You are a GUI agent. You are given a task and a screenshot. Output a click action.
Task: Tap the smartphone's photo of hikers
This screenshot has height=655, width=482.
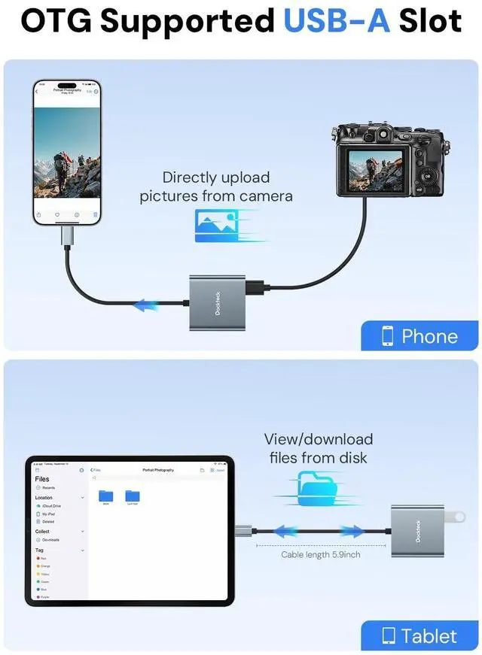(x=67, y=154)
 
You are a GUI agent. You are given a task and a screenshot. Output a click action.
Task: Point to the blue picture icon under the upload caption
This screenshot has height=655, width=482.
(x=218, y=225)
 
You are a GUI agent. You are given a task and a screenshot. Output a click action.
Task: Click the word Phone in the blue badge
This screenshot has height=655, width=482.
(x=429, y=336)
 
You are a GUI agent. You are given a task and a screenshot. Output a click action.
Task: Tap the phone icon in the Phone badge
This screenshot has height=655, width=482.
(x=387, y=336)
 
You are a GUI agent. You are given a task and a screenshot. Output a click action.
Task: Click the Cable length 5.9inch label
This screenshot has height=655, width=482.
(x=321, y=554)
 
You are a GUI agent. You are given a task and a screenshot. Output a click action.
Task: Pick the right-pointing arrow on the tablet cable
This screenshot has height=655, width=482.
(x=352, y=532)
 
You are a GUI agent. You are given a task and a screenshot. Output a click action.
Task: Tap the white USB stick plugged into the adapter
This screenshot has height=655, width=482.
(x=453, y=517)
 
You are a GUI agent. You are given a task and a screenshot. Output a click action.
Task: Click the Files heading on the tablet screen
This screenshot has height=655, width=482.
(x=42, y=479)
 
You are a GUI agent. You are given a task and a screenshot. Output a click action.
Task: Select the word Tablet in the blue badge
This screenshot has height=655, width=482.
(x=429, y=636)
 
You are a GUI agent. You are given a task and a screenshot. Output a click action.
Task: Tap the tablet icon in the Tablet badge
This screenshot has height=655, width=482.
(x=389, y=636)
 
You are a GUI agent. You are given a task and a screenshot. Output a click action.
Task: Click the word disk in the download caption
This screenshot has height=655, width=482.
(x=353, y=457)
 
